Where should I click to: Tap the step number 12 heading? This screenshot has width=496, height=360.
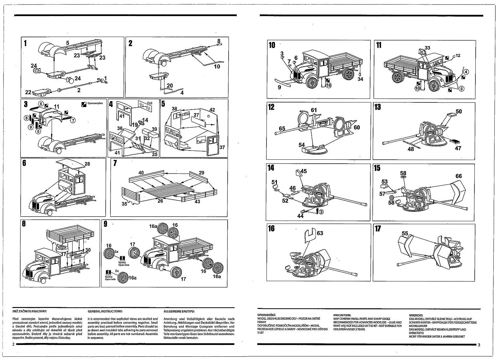pos(271,107)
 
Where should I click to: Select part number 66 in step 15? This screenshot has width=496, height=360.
pos(459,176)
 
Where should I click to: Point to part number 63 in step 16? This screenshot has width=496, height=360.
pos(320,233)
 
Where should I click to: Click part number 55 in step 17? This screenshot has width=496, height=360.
pos(405,233)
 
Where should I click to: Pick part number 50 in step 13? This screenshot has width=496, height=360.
pos(458,112)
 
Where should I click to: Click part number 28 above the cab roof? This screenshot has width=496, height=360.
pos(87,164)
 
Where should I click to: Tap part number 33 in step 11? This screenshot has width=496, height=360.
pos(428,48)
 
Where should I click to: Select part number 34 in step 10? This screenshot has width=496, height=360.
pos(360,79)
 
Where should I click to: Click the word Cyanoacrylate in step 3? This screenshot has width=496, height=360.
pos(95,103)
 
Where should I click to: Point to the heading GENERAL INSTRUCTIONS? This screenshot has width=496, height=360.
pos(105,311)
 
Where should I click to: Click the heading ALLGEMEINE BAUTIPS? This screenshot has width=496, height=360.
pos(179,311)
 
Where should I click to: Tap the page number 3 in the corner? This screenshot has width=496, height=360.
pos(479,345)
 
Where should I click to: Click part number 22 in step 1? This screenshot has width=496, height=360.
pos(28,92)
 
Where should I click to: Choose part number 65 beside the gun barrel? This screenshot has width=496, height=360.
pos(282,128)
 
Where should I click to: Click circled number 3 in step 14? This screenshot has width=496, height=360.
pos(321,211)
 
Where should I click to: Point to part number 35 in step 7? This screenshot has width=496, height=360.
pos(125,204)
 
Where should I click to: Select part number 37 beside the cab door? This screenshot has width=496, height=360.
pos(222,147)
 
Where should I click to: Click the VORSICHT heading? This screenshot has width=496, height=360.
pos(416,315)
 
